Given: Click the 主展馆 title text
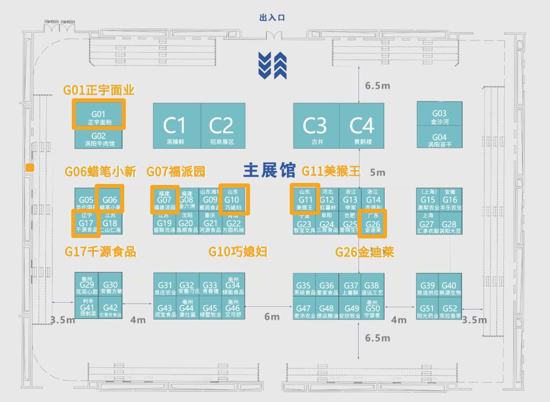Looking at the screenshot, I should coord(269,171).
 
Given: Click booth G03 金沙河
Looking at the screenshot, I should coord(439,117).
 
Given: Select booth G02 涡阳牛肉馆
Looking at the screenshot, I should coord(99,139).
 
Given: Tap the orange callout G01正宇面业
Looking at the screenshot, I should coord(99,90).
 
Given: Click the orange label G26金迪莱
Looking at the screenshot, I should coord(365,252).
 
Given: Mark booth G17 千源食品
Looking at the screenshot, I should coord(86,223).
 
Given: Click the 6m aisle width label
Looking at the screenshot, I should coord(271,317).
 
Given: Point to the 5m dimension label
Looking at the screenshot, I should coord(378,172).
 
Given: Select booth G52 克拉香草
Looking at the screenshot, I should coord(450,311).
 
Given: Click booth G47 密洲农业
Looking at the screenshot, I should coord(304,311).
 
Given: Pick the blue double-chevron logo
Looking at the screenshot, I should coord(272,66).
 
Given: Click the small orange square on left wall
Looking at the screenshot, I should coord(30,168).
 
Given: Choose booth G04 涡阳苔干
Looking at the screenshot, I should coord(439,140).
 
